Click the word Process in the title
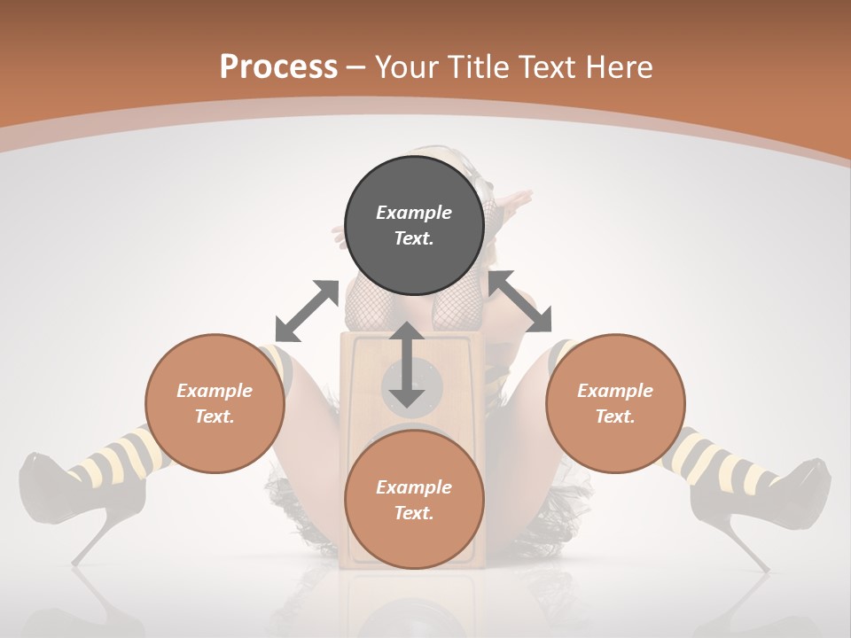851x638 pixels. tap(278, 67)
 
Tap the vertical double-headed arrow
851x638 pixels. tap(407, 364)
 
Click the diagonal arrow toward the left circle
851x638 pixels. tap(307, 311)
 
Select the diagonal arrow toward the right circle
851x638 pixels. tap(520, 301)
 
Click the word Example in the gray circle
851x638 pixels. tap(414, 213)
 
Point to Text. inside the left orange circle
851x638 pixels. tap(215, 416)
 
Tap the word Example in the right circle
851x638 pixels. tap(615, 391)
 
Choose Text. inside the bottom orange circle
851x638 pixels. tap(414, 513)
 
